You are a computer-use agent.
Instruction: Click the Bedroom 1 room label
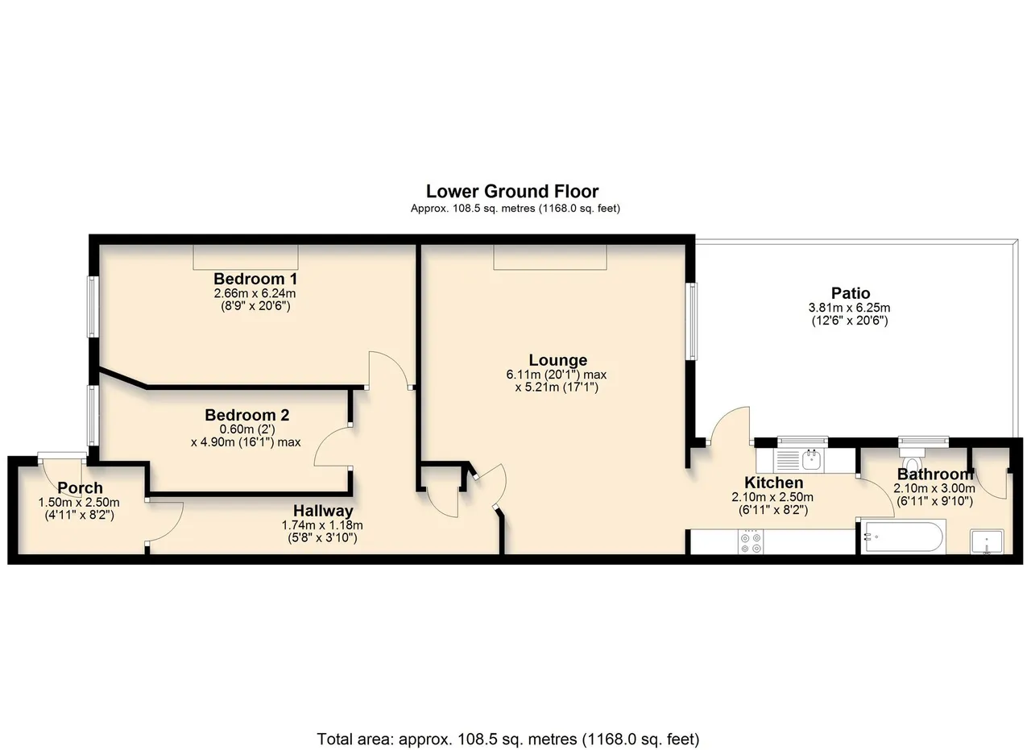(255, 279)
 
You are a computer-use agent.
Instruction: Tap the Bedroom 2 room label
(247, 415)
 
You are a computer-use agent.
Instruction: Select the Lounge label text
(558, 359)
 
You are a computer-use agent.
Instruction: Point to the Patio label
(851, 292)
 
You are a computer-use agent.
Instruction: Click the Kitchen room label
(774, 483)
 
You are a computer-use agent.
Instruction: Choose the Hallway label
(323, 511)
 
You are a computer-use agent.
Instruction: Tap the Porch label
(80, 487)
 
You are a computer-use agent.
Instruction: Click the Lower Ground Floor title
(512, 191)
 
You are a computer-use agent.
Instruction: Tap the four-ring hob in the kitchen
(750, 542)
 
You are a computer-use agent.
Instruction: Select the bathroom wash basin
(987, 541)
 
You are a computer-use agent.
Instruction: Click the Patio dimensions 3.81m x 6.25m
(850, 307)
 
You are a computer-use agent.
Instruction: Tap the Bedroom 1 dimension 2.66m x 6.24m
(255, 292)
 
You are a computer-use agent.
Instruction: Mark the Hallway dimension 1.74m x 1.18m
(322, 525)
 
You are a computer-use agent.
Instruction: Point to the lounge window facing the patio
(691, 321)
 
